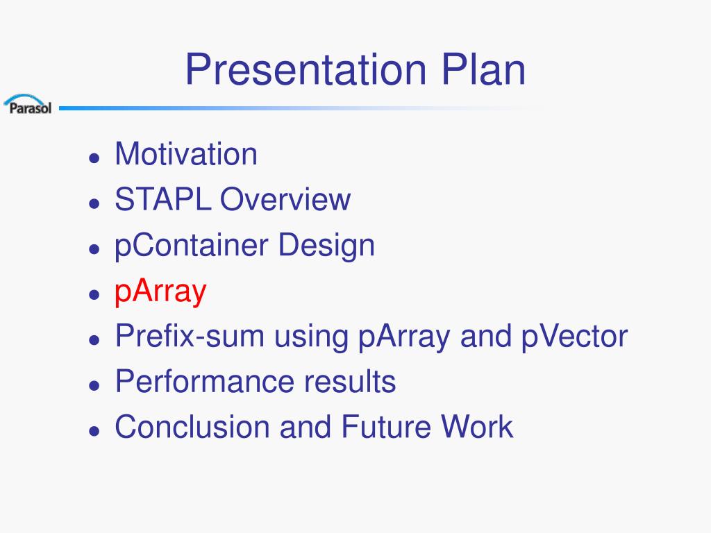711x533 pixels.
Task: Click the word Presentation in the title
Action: point(306,70)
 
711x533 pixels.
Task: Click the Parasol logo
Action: point(28,104)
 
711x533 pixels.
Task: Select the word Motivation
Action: point(186,154)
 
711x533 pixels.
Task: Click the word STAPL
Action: point(162,199)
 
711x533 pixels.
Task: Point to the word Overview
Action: point(285,199)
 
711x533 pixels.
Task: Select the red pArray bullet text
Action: point(160,292)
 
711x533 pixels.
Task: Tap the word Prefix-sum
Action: point(190,336)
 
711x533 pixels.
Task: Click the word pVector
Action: point(574,337)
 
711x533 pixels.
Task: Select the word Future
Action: point(385,427)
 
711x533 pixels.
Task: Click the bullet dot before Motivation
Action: point(94,158)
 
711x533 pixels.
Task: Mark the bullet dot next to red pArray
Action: point(94,294)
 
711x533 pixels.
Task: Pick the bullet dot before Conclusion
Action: point(94,430)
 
